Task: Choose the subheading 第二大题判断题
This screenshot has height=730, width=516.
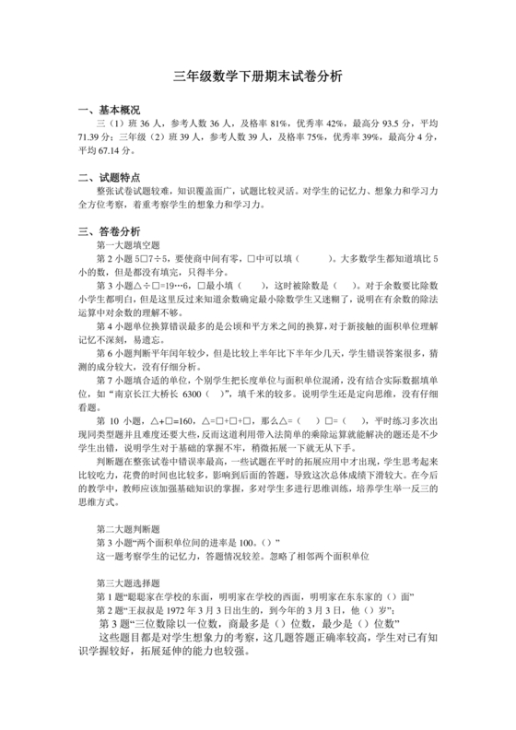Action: click(128, 529)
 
